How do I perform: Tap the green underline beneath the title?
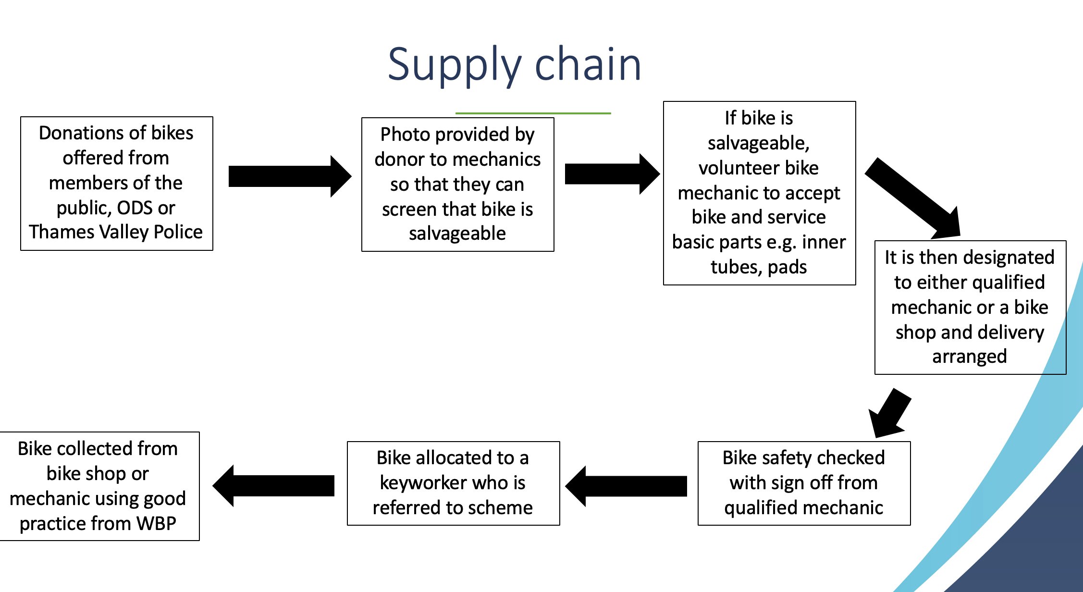coord(533,113)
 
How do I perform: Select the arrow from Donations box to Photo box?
coord(290,176)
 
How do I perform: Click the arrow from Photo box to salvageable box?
coord(612,174)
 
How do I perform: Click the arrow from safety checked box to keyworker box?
coord(626,486)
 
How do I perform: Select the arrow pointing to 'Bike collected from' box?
coord(273,485)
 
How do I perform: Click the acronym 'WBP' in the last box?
coord(156,523)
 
